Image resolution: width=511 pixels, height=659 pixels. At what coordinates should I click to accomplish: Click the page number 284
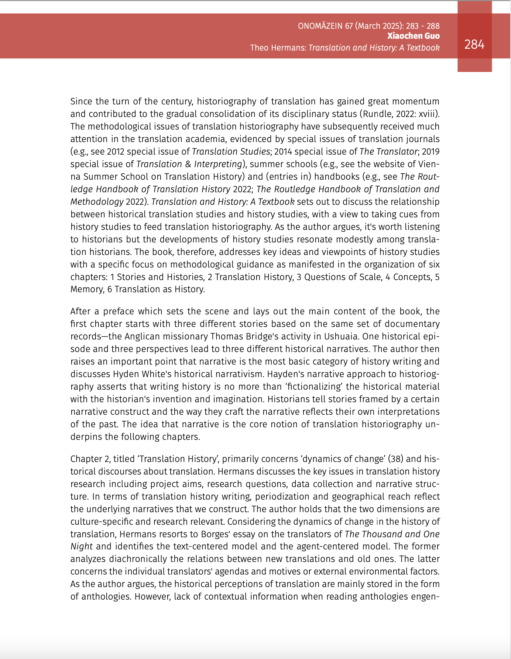tap(474, 44)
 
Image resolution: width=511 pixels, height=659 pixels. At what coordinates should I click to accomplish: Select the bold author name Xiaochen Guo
tap(413, 36)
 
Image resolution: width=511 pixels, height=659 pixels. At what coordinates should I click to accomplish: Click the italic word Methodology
tap(97, 201)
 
